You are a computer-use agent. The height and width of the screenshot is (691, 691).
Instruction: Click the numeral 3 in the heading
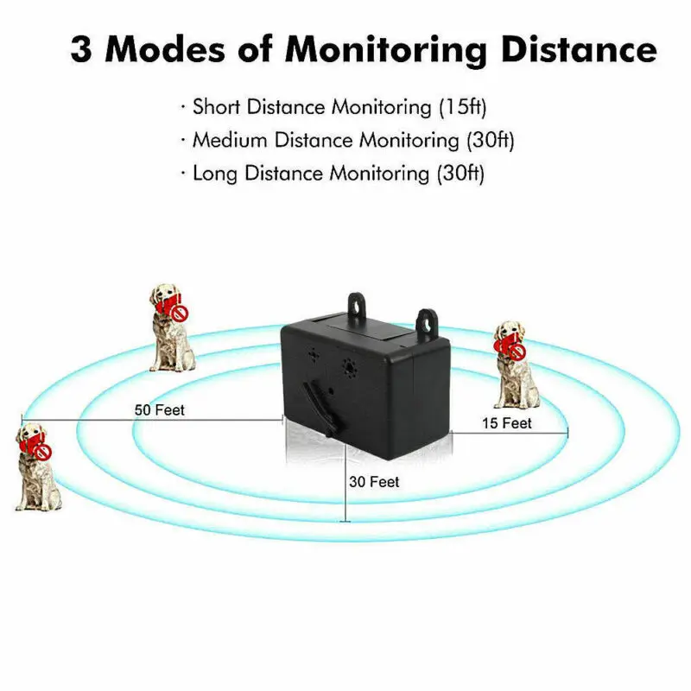pos(84,49)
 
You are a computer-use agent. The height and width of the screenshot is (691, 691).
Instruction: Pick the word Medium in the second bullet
pos(229,140)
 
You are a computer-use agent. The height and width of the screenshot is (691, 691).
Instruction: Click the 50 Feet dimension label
pos(160,410)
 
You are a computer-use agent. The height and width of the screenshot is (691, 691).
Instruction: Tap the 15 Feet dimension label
pos(506,423)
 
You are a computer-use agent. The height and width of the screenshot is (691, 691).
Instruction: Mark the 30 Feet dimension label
pos(374,482)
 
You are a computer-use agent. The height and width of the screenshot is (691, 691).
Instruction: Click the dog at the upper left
pos(171,328)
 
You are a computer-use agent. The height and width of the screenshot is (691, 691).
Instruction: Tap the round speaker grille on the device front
pos(349,366)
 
